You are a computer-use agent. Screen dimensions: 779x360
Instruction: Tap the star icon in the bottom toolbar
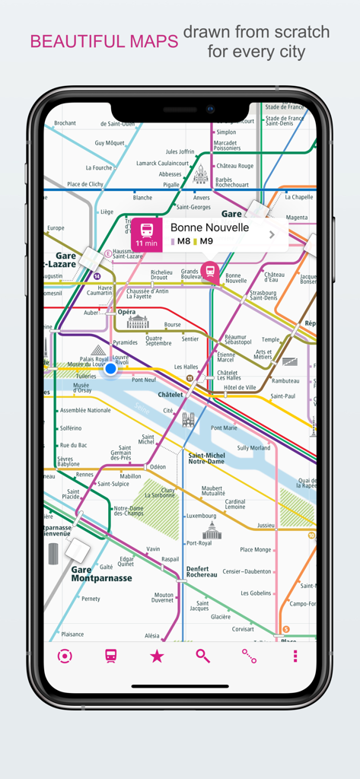click(x=157, y=656)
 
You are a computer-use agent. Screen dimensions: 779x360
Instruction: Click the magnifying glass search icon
click(x=202, y=656)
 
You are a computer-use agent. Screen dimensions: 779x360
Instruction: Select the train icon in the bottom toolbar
click(x=111, y=656)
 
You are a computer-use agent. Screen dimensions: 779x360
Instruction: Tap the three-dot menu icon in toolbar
click(x=295, y=656)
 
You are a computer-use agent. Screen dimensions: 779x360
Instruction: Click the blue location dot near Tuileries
click(x=110, y=369)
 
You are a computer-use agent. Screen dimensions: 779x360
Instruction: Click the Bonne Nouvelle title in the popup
click(x=209, y=227)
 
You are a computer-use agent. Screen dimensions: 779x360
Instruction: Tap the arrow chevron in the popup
click(x=272, y=235)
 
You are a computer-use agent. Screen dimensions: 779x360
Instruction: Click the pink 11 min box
click(x=146, y=235)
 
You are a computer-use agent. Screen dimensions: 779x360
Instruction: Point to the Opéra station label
click(x=126, y=312)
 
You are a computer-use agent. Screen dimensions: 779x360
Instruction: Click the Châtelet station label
click(x=170, y=395)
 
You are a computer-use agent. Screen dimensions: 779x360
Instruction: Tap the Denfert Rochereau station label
click(x=202, y=571)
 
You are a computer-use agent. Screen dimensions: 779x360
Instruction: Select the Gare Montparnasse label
click(x=101, y=574)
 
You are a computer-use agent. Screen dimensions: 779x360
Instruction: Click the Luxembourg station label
click(x=202, y=516)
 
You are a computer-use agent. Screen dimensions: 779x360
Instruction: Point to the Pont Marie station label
click(x=225, y=428)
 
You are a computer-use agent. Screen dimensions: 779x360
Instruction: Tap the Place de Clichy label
click(x=85, y=184)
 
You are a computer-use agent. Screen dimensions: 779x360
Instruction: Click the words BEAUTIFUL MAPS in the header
click(x=104, y=42)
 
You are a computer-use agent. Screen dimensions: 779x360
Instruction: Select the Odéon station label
click(x=158, y=467)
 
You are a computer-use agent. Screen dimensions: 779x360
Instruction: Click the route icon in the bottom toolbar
click(x=249, y=656)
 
